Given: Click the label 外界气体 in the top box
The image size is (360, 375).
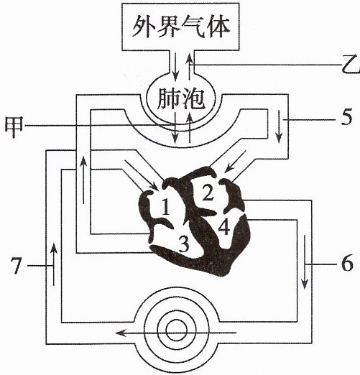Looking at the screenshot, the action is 181,27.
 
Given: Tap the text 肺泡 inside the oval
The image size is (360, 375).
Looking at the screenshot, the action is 181,99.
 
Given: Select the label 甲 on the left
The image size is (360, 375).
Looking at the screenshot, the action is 14,126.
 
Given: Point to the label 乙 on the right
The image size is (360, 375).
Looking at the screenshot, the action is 350,64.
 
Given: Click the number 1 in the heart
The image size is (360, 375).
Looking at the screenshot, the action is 166,207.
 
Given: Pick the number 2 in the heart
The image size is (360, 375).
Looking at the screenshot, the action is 208,193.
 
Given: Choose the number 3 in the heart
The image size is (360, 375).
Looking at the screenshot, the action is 184,244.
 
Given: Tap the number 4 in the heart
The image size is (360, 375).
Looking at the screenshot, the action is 224,226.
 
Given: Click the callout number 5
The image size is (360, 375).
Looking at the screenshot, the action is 346,117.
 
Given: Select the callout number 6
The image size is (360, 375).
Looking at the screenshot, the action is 347,263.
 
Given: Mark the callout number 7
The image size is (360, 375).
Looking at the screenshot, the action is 16,266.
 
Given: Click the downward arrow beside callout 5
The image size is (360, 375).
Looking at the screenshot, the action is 279,126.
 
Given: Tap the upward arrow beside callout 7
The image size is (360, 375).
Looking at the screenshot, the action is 54,264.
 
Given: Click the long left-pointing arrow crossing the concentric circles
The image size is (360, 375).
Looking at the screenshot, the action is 176,333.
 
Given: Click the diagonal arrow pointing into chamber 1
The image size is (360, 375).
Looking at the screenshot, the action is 142,175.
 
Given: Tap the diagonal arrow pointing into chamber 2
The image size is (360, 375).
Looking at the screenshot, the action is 235,162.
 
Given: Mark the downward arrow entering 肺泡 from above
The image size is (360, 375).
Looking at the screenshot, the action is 175,67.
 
